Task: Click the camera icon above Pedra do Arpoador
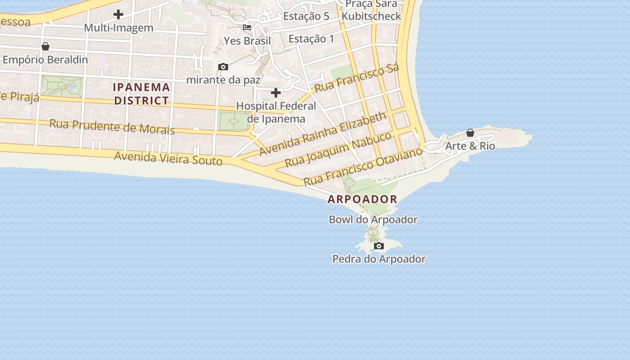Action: (x=379, y=246)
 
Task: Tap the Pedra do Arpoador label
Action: (x=379, y=259)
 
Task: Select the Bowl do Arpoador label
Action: (x=373, y=220)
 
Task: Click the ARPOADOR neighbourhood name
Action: (x=362, y=199)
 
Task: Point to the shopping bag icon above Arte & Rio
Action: (x=470, y=133)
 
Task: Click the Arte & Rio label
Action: (x=470, y=146)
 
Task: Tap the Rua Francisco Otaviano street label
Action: (x=363, y=166)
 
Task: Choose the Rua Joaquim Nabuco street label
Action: (x=339, y=150)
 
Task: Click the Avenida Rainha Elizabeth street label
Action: (x=323, y=134)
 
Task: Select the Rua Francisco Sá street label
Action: (x=357, y=78)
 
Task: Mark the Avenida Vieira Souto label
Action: (x=168, y=158)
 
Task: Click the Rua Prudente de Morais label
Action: (x=112, y=126)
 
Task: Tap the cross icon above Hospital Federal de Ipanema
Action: (x=276, y=93)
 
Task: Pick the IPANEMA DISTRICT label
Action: (x=141, y=94)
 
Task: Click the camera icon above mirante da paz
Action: (x=223, y=67)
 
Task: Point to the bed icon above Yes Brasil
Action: (x=247, y=27)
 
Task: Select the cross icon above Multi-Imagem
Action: (x=118, y=14)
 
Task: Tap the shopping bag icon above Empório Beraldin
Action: (x=45, y=46)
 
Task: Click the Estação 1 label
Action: (x=311, y=39)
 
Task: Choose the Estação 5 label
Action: (x=306, y=16)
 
